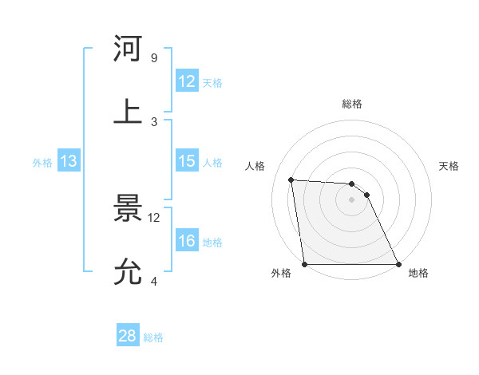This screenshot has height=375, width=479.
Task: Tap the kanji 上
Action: (x=129, y=110)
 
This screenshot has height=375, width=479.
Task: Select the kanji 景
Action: (x=129, y=208)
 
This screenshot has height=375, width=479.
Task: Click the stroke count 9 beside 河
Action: (x=153, y=58)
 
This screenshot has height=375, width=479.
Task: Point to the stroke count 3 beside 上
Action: (x=153, y=121)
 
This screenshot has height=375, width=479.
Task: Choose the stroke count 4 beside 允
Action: (x=153, y=281)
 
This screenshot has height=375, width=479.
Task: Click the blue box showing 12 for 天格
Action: (x=186, y=81)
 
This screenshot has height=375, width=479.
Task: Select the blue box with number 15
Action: (x=186, y=161)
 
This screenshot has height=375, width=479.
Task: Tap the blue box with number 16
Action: (x=186, y=241)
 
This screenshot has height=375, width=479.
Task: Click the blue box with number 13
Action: (x=69, y=161)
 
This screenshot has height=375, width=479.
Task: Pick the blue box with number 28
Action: (x=128, y=336)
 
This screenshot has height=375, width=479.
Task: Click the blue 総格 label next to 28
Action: (x=153, y=337)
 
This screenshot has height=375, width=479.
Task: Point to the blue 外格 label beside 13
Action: (x=42, y=163)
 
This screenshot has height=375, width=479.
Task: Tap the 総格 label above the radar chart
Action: (x=352, y=104)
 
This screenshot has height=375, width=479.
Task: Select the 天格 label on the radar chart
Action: (x=449, y=166)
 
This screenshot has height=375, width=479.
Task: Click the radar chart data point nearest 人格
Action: (x=291, y=180)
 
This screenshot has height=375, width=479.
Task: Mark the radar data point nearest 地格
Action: (x=398, y=264)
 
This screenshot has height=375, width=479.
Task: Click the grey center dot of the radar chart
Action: (x=352, y=199)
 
